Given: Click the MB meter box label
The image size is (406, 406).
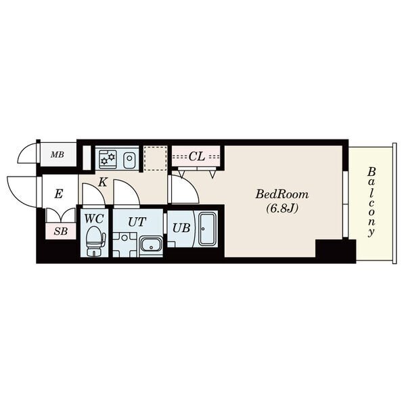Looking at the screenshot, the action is [58, 155].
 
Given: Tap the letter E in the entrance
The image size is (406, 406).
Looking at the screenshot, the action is [59, 194].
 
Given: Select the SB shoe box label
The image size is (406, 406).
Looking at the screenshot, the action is [61, 231].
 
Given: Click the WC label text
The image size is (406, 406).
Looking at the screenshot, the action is [94, 219].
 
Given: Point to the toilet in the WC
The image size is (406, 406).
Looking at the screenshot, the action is [95, 241].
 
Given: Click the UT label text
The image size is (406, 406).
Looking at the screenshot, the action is [137, 222].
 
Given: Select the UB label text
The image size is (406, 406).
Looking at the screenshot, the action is [181, 228].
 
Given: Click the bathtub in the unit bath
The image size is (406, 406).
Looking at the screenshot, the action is [208, 229].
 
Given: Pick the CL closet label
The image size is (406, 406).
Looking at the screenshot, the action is [197, 156].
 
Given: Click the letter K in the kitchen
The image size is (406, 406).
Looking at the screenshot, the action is [103, 182].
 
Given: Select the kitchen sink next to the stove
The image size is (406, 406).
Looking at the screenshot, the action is [129, 158].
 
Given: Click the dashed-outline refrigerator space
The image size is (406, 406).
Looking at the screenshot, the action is [155, 158].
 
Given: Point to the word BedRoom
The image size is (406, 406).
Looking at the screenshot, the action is [282, 194].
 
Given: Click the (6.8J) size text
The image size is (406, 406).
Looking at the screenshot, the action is [282, 208].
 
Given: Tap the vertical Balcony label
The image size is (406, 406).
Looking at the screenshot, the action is [371, 202].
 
